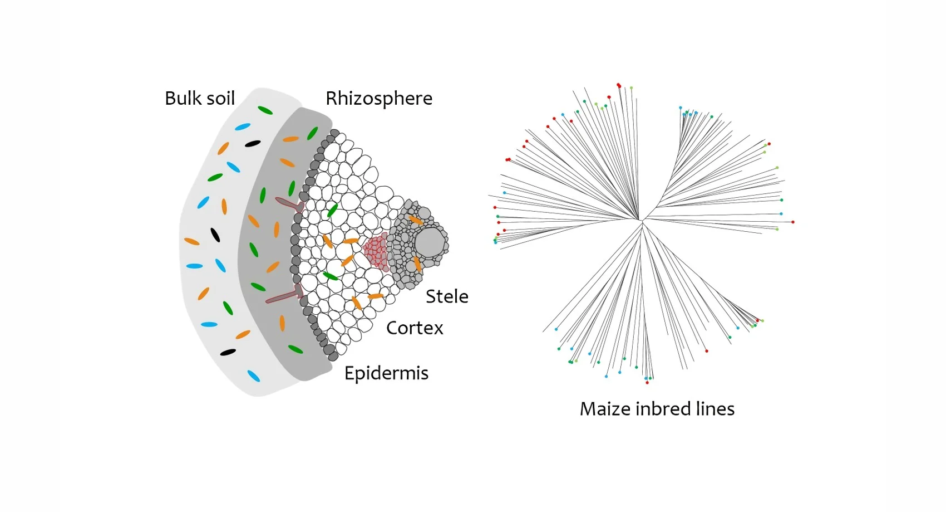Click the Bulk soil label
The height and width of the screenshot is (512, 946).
pos(200,99)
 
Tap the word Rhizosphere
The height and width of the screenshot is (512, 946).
pos(378,99)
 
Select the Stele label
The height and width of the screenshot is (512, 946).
pos(447,296)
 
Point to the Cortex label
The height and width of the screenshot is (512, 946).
pos(415,328)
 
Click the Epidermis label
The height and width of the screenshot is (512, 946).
pos(386,373)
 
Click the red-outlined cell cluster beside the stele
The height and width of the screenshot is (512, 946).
pos(376,251)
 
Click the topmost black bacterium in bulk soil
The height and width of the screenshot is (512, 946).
pos(253,144)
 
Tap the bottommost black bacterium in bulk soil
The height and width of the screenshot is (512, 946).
pos(228,352)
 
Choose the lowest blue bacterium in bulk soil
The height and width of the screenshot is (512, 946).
pos(253,376)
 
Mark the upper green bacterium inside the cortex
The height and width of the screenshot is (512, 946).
pos(332,210)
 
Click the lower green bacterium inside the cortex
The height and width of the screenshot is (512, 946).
pos(331,276)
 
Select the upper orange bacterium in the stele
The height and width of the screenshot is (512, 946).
pos(416,220)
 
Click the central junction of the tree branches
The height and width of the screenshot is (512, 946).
pos(641,221)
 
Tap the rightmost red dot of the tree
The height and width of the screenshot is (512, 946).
pos(793,222)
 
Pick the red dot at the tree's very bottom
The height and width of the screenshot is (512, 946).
pos(647,383)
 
